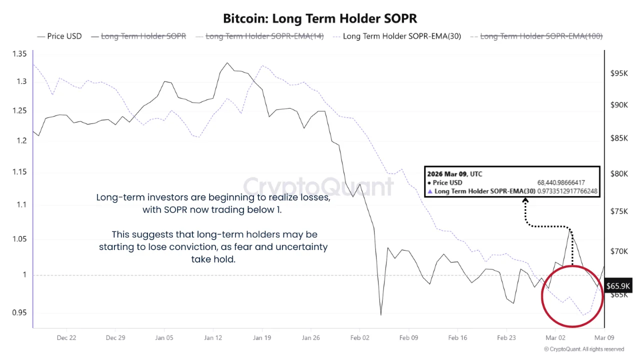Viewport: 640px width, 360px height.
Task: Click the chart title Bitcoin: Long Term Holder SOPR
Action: point(320,18)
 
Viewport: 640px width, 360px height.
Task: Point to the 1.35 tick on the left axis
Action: point(19,54)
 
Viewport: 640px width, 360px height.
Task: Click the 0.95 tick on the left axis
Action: point(19,313)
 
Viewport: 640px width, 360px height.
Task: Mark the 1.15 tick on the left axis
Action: point(19,172)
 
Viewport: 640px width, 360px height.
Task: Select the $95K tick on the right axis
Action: point(619,73)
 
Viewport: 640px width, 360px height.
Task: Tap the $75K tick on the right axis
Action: point(619,211)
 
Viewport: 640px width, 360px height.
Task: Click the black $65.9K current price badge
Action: point(618,286)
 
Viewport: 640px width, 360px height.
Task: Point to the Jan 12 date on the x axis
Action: point(213,338)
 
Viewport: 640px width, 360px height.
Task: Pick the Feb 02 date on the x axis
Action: point(359,338)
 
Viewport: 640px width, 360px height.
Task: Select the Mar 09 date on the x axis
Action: point(604,338)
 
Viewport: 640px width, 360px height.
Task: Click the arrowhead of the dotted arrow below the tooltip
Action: point(525,200)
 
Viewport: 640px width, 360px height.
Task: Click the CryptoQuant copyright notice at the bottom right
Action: point(583,349)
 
